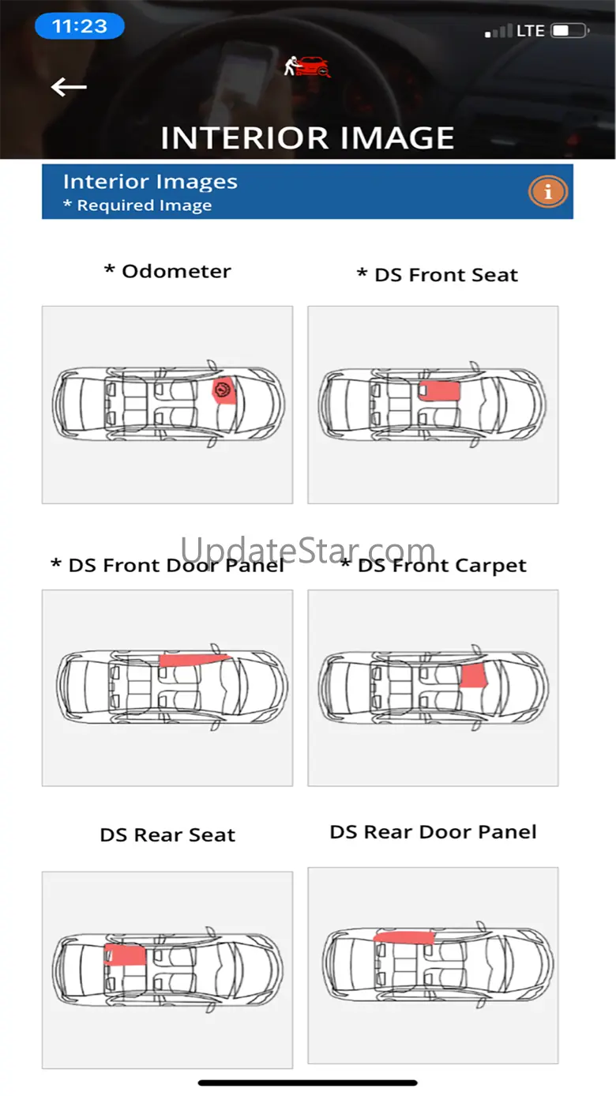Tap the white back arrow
coord(69,87)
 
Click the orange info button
coord(547,192)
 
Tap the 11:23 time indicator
coord(79,26)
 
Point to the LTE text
coord(531,31)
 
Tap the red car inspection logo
coord(307,67)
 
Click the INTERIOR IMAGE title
coord(307,137)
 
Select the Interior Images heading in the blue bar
coord(150,182)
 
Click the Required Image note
coord(137,205)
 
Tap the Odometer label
coord(167,271)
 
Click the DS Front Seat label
coord(438,275)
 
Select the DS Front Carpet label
coord(434,566)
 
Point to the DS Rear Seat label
coord(167,834)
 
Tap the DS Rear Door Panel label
coord(433,832)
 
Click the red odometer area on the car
coord(224,391)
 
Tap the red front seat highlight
coord(439,390)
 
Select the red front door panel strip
coord(194,660)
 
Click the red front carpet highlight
coord(474,676)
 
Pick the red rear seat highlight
coord(125,955)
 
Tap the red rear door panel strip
coord(404,937)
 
